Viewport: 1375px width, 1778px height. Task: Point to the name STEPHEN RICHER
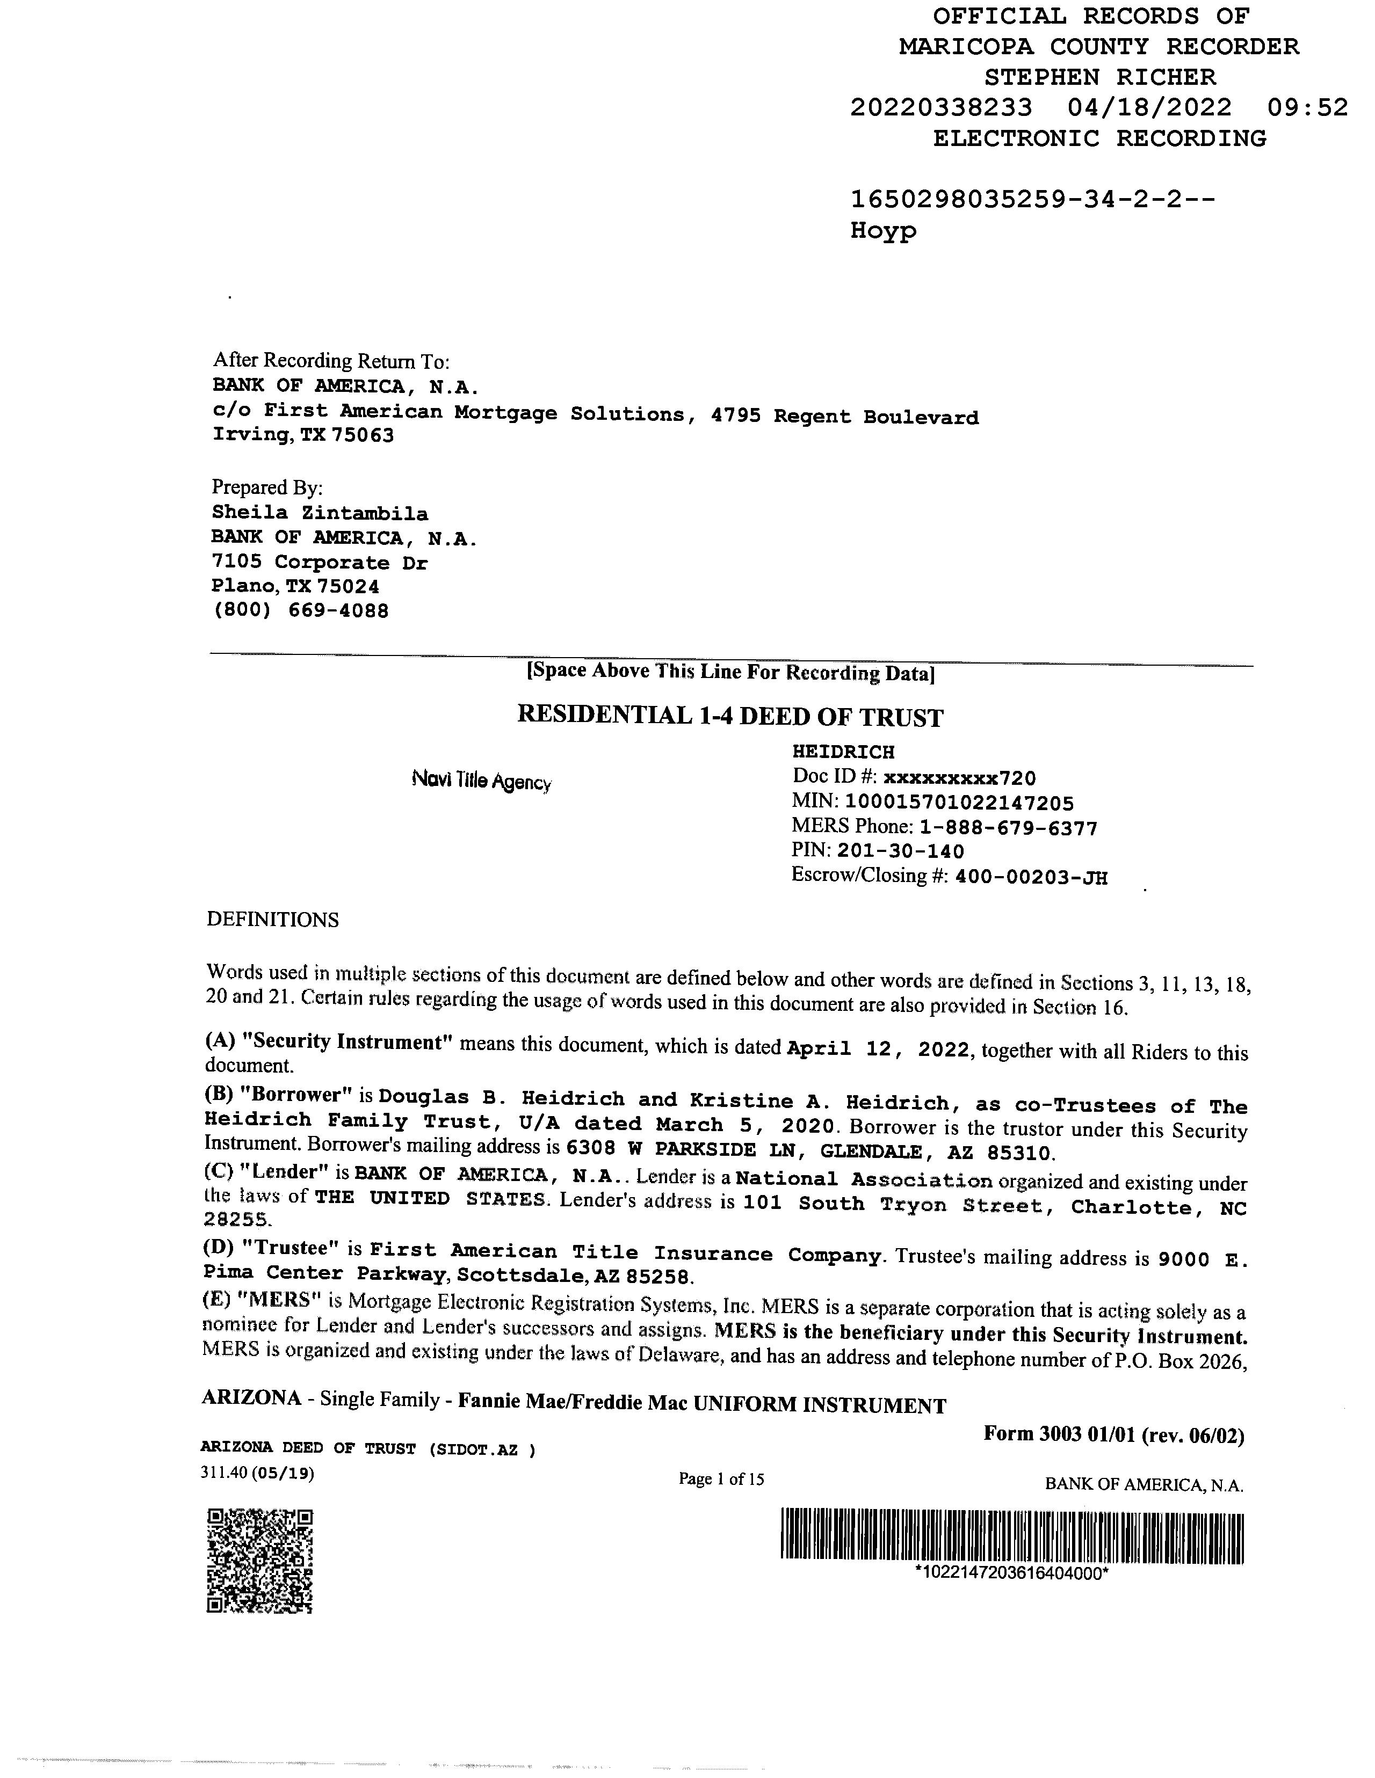1099,77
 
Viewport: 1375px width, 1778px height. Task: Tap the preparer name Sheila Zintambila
320,513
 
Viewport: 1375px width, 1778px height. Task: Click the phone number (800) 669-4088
301,610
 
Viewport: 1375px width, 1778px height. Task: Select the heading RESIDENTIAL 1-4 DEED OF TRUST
730,717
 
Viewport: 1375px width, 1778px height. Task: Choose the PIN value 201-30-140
900,851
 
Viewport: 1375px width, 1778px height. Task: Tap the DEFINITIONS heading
272,920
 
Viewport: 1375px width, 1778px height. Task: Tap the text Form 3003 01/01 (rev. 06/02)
1113,1434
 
